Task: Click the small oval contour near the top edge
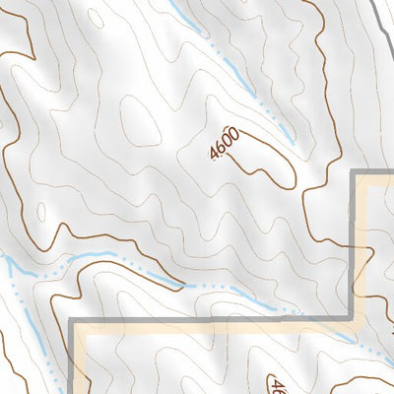96,17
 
